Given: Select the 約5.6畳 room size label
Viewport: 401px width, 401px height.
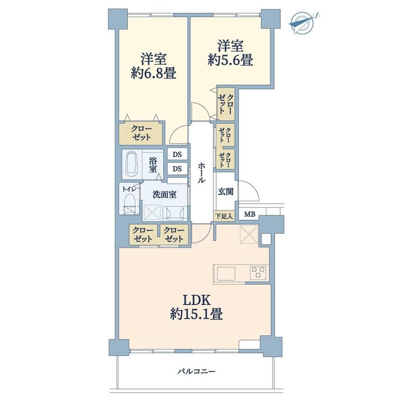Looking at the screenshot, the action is tap(231, 60).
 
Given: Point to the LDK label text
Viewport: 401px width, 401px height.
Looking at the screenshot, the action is tap(197, 300).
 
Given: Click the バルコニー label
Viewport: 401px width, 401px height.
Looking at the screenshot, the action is tap(197, 371).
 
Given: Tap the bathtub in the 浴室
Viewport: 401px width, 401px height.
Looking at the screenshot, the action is tap(132, 164).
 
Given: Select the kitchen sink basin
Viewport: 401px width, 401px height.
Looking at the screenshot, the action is tap(226, 274).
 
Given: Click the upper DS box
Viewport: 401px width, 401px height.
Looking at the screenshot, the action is tap(177, 154).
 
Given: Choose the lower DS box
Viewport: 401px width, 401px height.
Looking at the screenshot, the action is tap(177, 169).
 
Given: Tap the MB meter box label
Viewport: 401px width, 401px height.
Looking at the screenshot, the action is tap(250, 214).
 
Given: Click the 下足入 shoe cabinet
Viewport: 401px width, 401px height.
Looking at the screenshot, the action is tap(224, 216).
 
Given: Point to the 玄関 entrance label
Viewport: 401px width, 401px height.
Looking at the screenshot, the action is tap(226, 191).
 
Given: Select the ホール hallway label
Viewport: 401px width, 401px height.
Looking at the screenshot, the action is tap(202, 172).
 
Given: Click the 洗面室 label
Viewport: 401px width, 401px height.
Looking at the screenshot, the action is tap(165, 194).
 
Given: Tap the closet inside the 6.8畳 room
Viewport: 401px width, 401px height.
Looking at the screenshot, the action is tap(141, 133).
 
